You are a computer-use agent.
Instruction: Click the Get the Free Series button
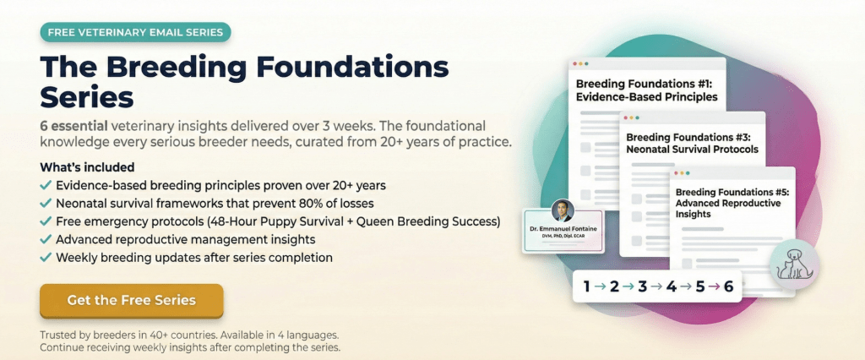(x=131, y=300)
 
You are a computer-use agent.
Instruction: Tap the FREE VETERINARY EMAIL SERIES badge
(x=135, y=33)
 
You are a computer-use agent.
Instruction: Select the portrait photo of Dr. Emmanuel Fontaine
(x=562, y=211)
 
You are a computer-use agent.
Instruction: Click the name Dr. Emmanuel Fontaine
(x=563, y=230)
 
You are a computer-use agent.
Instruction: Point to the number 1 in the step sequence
(x=586, y=286)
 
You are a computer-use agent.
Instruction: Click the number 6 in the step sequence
(x=728, y=286)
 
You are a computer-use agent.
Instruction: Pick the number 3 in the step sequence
(x=642, y=286)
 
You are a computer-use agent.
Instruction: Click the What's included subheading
(x=87, y=167)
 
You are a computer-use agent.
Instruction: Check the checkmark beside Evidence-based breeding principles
(x=46, y=185)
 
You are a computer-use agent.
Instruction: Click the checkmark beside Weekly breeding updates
(x=46, y=257)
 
